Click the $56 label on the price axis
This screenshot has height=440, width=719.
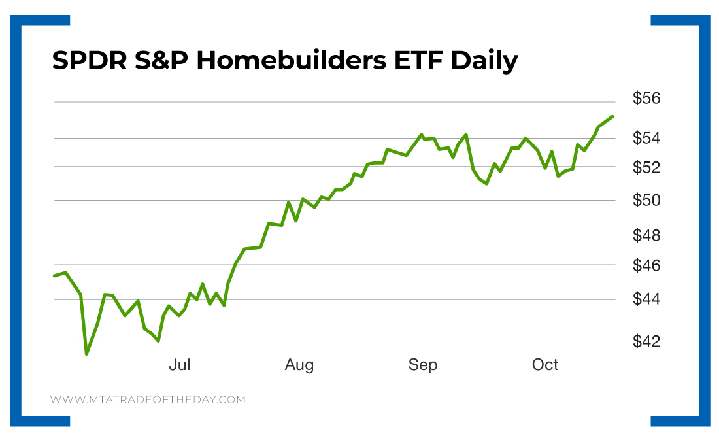click(647, 99)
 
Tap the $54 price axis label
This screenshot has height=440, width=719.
click(647, 138)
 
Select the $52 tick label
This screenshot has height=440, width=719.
click(647, 167)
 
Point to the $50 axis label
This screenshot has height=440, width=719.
click(647, 200)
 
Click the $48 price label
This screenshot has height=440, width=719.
click(647, 235)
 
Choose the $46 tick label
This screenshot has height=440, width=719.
click(647, 266)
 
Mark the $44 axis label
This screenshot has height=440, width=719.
click(647, 299)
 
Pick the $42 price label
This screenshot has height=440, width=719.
click(647, 341)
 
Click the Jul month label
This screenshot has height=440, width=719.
click(180, 365)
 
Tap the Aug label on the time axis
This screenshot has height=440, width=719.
click(299, 365)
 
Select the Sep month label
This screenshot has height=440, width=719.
click(423, 365)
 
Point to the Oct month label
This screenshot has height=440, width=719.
click(545, 365)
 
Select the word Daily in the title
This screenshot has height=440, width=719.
click(484, 61)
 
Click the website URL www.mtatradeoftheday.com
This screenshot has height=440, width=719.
click(148, 399)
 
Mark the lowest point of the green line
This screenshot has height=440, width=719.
click(86, 354)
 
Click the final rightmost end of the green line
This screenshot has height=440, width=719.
click(612, 116)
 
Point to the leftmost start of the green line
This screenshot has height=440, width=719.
click(54, 276)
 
